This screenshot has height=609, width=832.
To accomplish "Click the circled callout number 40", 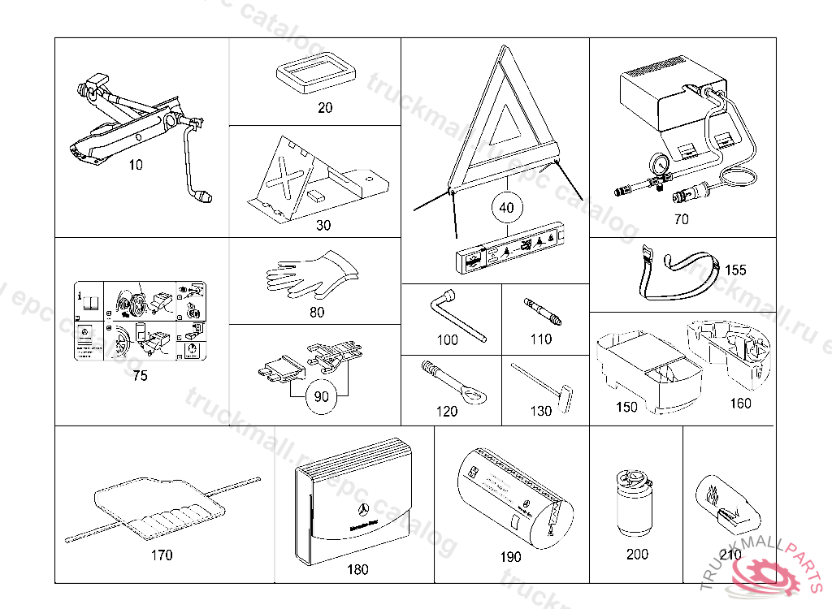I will coord(506,208).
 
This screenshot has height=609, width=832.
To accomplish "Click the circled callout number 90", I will coord(322,396).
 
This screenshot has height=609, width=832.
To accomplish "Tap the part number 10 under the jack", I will coord(136,165).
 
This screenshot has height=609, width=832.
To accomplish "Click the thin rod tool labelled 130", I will coord(545,383).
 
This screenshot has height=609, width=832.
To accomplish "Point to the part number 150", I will coord(626,407).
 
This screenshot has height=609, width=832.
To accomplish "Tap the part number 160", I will coord(740,403).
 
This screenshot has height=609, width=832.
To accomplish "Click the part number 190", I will coord(511,558).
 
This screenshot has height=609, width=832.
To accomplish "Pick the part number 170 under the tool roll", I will coord(162,555).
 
